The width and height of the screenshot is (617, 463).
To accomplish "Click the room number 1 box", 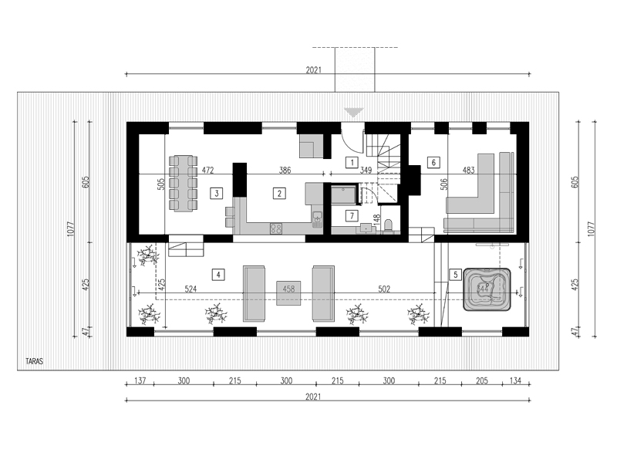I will pos(352,163).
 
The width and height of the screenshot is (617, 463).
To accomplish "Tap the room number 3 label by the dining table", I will pos(218,194).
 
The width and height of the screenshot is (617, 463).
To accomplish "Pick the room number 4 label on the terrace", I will pos(219,274).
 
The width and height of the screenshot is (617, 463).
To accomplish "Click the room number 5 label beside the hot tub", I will pos(456,274).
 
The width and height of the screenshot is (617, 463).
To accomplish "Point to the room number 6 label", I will pos(434,163).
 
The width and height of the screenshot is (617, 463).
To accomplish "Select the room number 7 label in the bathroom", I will pos(352,215).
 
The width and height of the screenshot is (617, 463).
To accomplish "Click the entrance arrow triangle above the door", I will pos(354,113).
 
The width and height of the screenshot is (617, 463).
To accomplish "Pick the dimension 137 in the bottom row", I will pos(140,381).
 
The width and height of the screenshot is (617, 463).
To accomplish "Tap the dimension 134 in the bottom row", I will pos(515,381).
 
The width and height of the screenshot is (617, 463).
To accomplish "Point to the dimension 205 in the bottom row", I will pos(482,381).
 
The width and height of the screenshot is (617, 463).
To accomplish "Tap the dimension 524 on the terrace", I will pos(191,289).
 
